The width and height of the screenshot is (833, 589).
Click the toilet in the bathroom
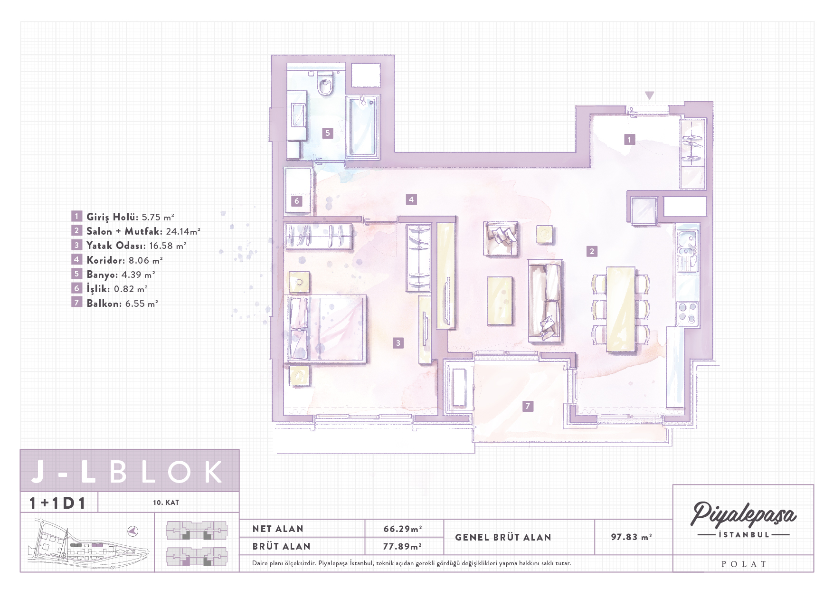(325, 83)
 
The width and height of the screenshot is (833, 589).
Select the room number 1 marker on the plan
(629, 139)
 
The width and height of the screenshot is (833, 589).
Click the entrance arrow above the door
(649, 95)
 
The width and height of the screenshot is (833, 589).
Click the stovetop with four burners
(687, 313)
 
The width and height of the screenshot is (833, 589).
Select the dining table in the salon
(621, 309)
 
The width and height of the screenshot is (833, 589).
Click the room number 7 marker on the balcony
(527, 406)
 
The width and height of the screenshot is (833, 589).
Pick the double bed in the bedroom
(326, 329)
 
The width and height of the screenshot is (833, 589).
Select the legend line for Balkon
(115, 303)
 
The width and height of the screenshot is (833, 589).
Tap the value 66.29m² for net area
(403, 529)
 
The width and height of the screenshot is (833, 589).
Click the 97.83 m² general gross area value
(631, 537)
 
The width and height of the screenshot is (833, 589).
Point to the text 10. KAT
(166, 503)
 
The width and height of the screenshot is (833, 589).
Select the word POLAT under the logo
(744, 564)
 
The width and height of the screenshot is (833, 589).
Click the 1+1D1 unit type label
(57, 503)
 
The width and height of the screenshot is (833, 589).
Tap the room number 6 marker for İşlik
(297, 201)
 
